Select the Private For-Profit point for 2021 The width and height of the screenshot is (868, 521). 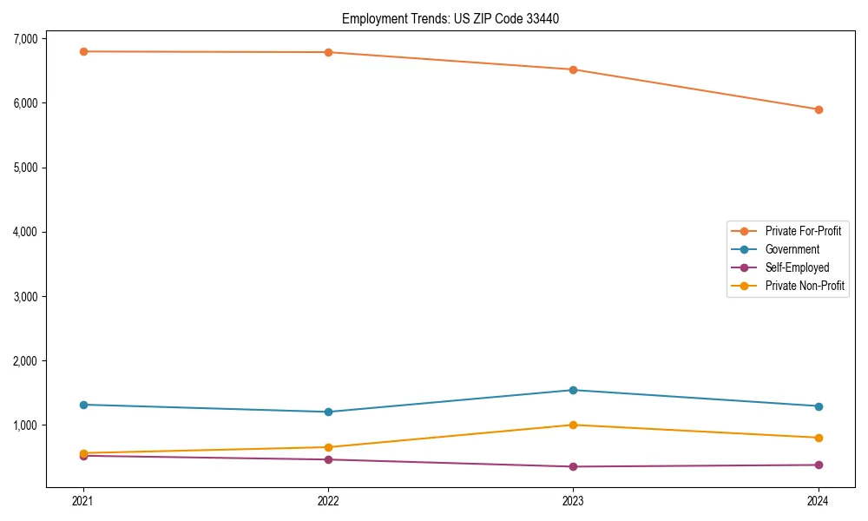83,51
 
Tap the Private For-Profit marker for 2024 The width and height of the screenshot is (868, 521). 819,109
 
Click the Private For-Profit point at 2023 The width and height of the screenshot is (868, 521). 573,69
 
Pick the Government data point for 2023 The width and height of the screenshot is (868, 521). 573,390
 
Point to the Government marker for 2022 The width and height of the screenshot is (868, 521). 328,412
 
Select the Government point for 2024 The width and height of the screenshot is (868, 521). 819,406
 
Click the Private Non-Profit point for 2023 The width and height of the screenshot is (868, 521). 573,425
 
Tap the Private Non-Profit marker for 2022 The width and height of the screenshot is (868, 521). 328,447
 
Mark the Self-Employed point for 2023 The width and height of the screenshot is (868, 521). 573,466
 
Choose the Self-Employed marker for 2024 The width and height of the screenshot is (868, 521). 819,465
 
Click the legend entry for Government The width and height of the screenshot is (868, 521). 792,249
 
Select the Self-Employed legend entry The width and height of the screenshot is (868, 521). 797,267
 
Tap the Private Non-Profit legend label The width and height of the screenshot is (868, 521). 805,286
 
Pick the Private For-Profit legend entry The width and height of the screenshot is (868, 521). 803,231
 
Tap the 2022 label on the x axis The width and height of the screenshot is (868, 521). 328,500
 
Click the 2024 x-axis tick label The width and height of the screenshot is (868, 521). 819,500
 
